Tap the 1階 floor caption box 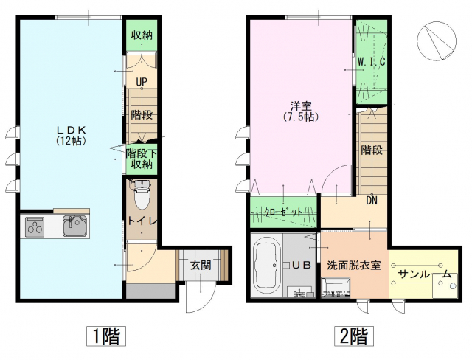(105, 336)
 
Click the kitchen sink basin (74, 226)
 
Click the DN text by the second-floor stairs (373, 199)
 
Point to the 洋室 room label (299, 111)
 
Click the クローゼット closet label (283, 212)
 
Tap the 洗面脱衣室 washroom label (353, 265)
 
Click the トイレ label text (141, 221)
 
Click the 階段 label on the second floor (372, 150)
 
